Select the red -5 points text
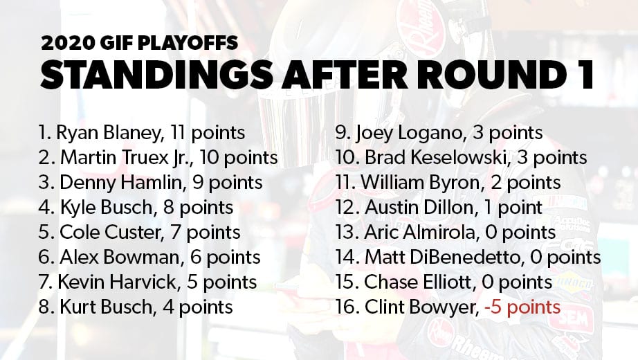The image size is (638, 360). tap(522, 307)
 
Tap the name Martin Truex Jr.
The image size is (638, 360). tap(125, 158)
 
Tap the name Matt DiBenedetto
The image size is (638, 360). tap(442, 258)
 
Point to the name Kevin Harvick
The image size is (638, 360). tap(117, 282)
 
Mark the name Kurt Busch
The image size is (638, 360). tap(106, 307)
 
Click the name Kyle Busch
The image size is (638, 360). tap(107, 208)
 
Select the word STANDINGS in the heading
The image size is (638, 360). tap(156, 75)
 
